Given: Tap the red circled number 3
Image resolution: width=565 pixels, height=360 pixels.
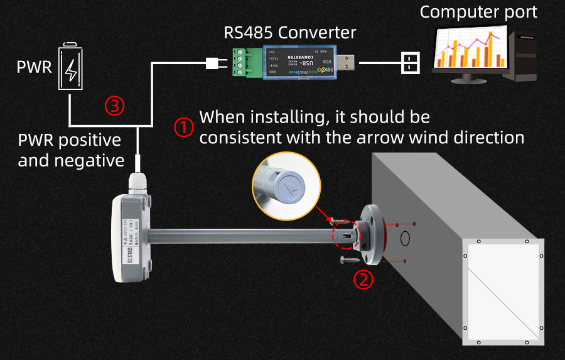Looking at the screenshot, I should [114, 106].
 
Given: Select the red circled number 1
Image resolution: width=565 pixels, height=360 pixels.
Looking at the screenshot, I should [183, 128].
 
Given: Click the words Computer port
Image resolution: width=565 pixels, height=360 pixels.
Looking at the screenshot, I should [478, 12].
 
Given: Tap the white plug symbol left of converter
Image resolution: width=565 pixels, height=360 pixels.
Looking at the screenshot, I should [212, 63].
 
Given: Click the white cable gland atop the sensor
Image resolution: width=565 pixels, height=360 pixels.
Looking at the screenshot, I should [138, 183].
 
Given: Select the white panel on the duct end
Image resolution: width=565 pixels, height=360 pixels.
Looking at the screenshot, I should [503, 293].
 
